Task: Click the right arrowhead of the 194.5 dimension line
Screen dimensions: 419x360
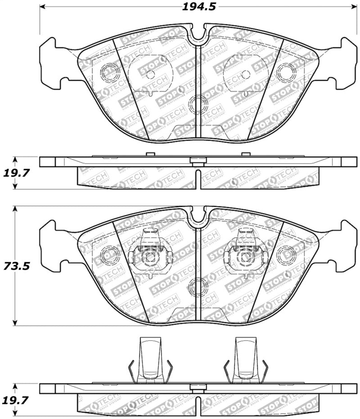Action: (x=354, y=7)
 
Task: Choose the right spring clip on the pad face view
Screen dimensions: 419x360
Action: (x=246, y=254)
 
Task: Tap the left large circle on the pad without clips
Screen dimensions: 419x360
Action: (x=109, y=72)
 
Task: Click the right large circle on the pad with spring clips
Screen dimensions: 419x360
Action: (x=286, y=255)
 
